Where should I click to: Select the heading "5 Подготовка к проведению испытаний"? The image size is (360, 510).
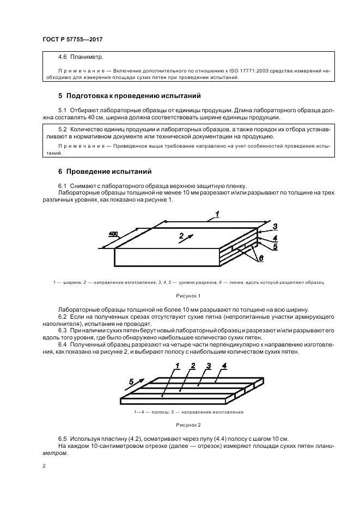pos(130,96)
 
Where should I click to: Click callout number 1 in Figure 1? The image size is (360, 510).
pos(217,214)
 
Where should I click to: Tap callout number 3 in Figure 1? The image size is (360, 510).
pos(275,227)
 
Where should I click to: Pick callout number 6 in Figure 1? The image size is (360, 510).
pos(261,258)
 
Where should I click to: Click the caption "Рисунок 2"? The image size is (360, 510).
pos(188,424)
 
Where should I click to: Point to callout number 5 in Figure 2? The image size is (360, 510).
pos(131,381)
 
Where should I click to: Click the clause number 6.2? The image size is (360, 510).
pos(62,317)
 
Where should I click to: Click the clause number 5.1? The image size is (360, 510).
pos(62,110)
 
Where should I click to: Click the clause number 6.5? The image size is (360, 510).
pos(62,439)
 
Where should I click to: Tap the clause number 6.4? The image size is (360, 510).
pos(62,345)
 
